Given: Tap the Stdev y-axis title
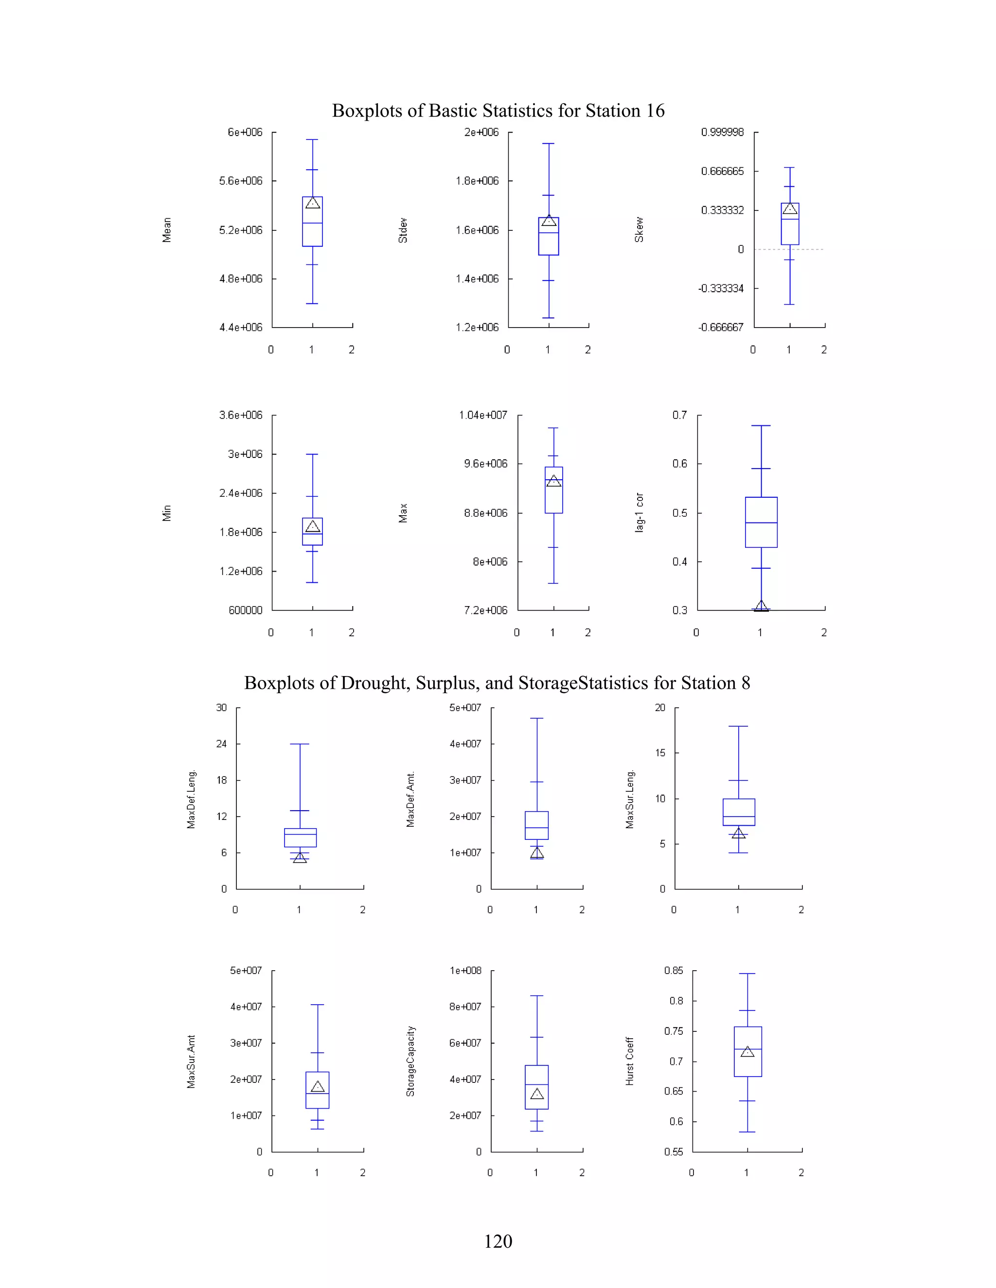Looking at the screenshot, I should pos(403,230).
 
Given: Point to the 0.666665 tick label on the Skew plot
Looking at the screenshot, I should pos(722,171).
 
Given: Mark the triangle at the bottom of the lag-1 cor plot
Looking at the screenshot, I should pos(761,606).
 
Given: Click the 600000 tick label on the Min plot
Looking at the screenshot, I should pos(246,610).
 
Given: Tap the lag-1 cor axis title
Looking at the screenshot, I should pos(640,512).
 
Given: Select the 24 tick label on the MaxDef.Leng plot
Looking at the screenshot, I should pos(221,744).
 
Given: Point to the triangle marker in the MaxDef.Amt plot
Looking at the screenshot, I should pos(537,853).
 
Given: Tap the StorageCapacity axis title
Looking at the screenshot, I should pos(410,1061).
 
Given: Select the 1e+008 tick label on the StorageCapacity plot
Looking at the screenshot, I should pos(465,971).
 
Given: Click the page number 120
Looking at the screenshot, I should pos(498,1241).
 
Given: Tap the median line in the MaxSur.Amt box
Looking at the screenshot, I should pos(318,1094).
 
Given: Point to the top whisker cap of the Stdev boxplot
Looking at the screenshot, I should pos(549,143).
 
